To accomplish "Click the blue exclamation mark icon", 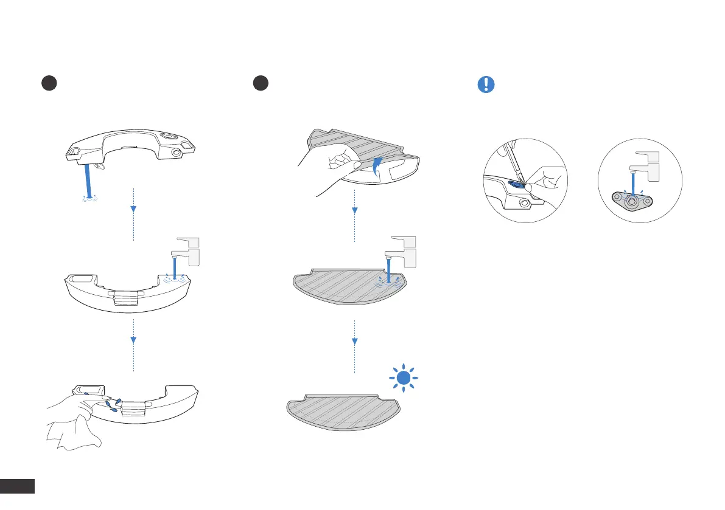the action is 485,84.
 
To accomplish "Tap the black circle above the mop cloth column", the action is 261,84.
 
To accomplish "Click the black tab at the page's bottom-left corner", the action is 18,486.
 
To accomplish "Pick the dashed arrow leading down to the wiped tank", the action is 133,343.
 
